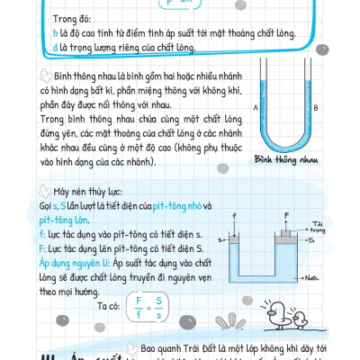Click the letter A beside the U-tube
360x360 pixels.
256,109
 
